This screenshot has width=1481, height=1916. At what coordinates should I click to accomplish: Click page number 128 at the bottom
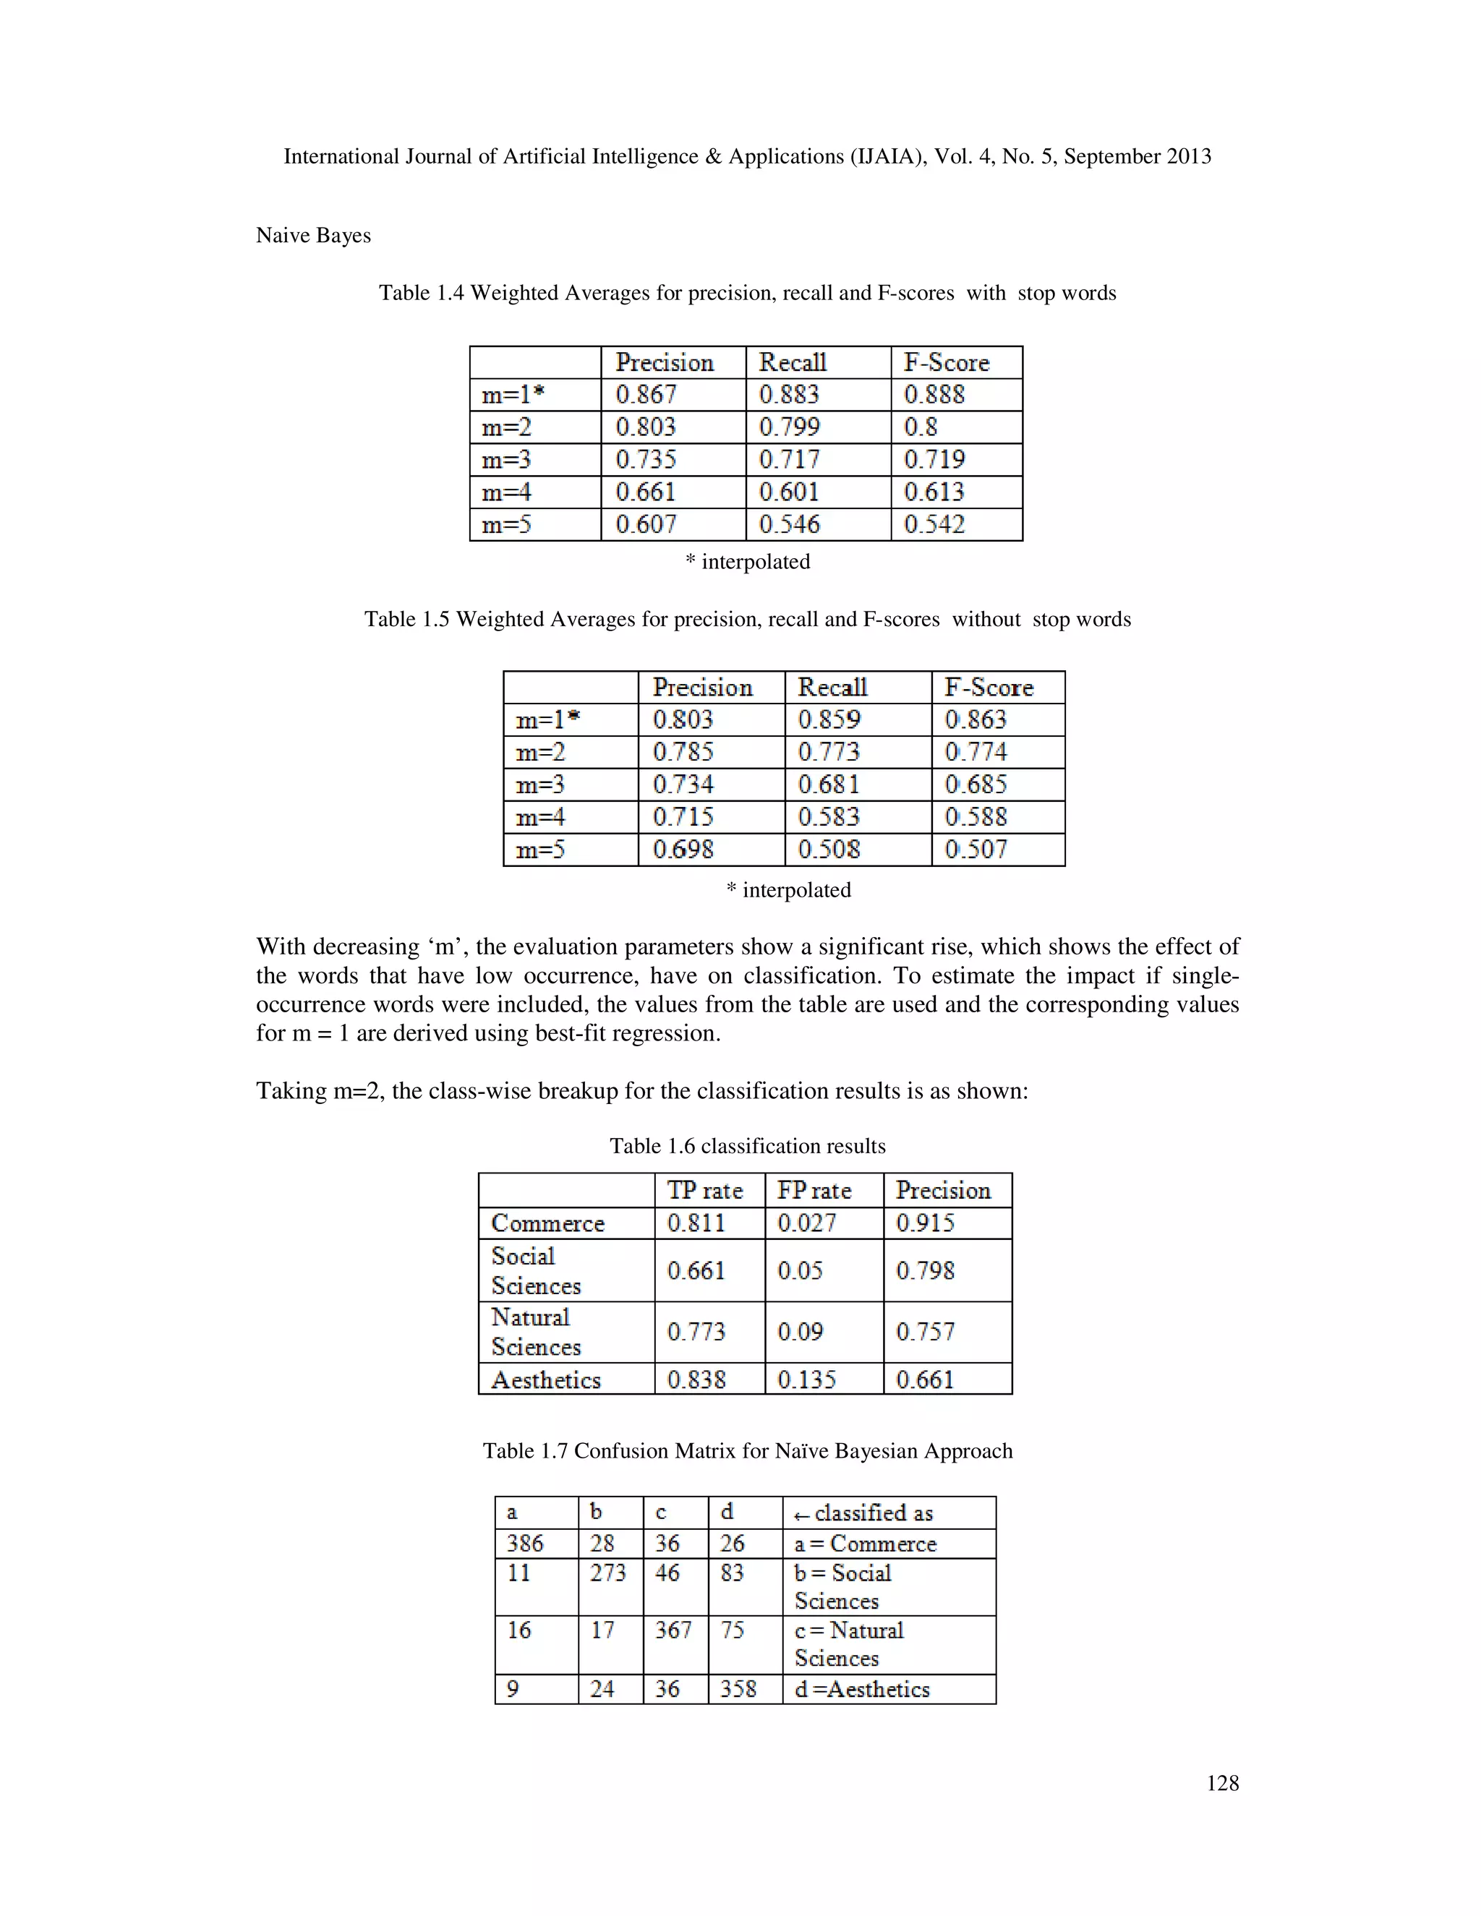[x=1222, y=1783]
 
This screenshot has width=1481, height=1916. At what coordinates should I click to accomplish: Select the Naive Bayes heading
[x=313, y=235]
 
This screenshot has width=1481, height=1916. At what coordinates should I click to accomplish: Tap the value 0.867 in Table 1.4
[x=646, y=395]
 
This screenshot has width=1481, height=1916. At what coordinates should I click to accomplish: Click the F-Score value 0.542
[x=934, y=525]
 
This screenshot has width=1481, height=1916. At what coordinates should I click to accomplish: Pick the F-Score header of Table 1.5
[x=989, y=687]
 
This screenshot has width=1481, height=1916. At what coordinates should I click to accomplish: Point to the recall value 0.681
[x=828, y=784]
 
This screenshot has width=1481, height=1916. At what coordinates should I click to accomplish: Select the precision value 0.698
[x=683, y=850]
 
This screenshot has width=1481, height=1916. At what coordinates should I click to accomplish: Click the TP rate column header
[x=704, y=1191]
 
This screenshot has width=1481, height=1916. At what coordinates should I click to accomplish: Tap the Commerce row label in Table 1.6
[x=547, y=1223]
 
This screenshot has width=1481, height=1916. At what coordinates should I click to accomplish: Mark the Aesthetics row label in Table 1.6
[x=546, y=1380]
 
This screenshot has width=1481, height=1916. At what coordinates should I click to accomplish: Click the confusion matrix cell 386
[x=525, y=1543]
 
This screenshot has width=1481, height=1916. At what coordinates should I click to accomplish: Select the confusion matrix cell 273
[x=607, y=1573]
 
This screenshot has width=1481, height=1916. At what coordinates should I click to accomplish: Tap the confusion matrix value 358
[x=738, y=1689]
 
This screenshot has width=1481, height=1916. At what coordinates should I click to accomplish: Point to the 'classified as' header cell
[x=864, y=1513]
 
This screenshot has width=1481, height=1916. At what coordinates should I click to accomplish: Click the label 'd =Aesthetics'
[x=861, y=1689]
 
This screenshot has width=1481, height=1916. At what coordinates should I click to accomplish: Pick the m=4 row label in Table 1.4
[x=506, y=492]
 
